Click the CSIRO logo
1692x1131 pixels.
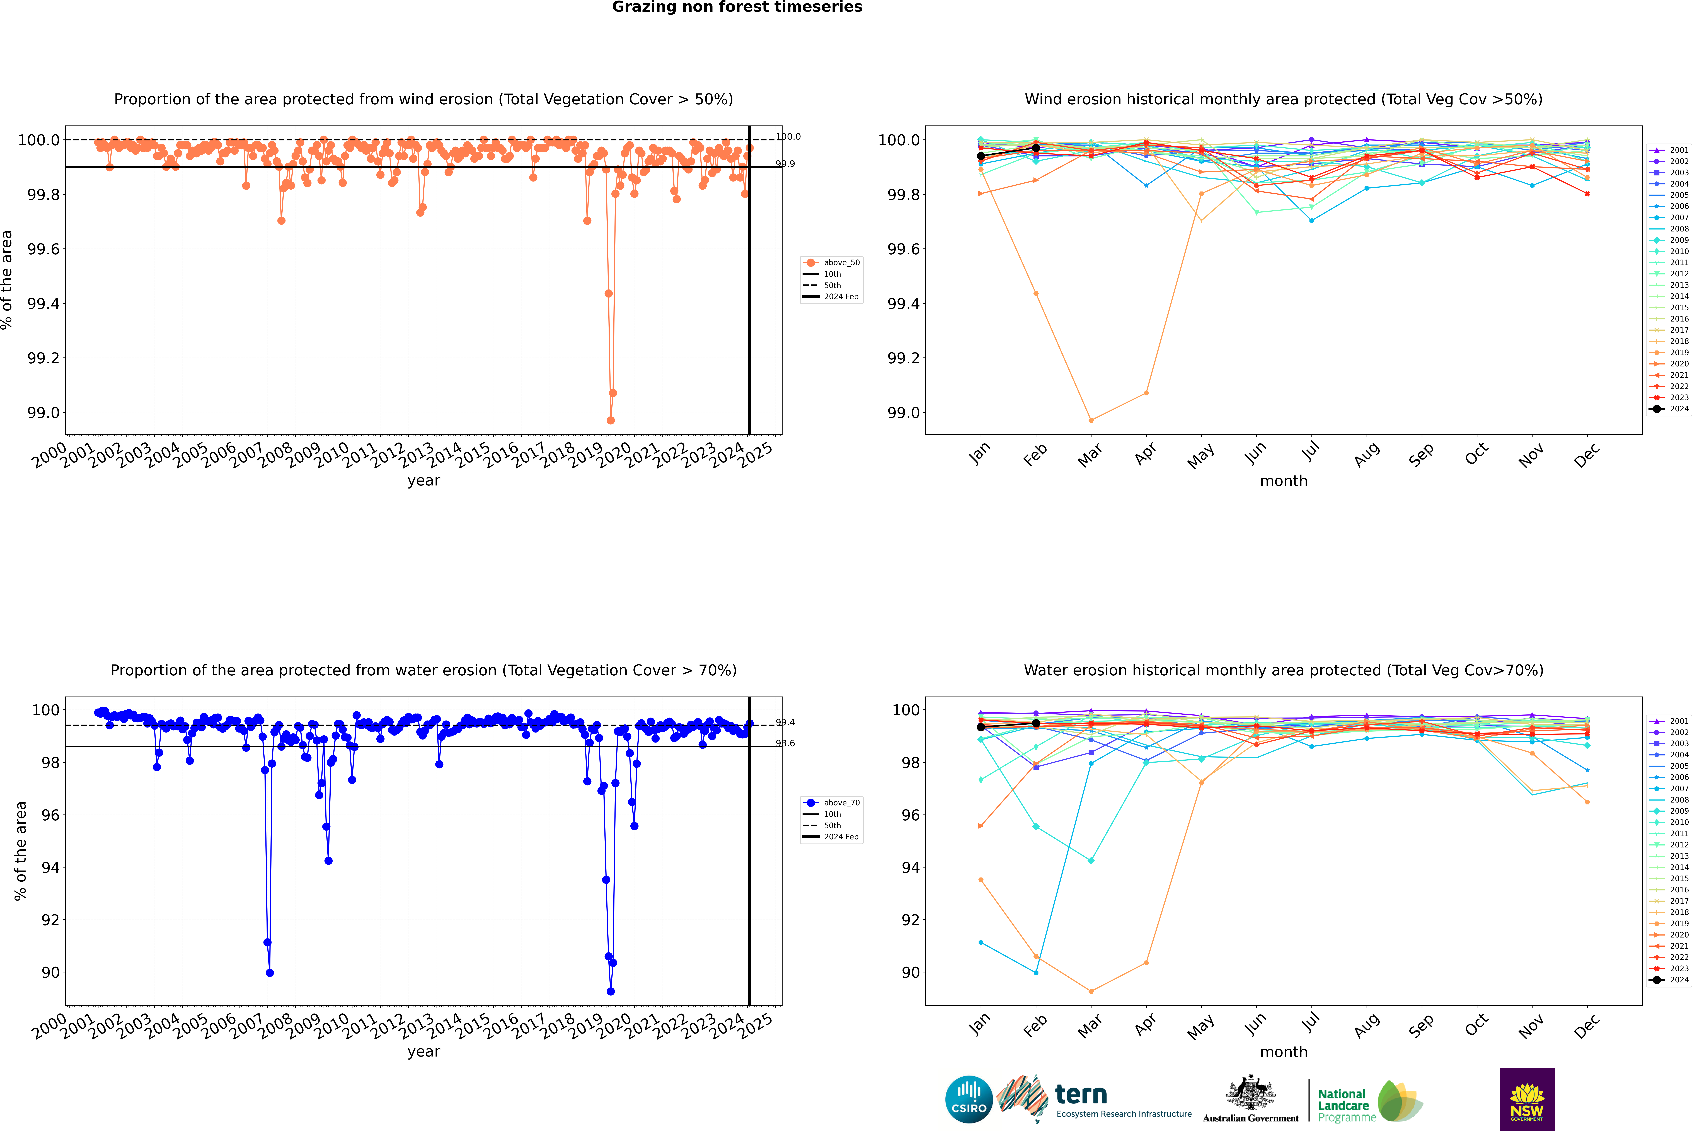[x=969, y=1099]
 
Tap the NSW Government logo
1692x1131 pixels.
[x=1527, y=1099]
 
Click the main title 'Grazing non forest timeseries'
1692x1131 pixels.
[x=737, y=7]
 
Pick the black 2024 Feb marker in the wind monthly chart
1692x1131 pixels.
[x=1036, y=148]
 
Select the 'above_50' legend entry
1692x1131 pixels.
[x=841, y=263]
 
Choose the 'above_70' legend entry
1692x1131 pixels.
[x=841, y=803]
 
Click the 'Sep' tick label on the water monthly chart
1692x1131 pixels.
[x=1421, y=1025]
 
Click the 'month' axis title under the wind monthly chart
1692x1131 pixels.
[x=1283, y=481]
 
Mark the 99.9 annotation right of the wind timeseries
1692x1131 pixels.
[x=785, y=164]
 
